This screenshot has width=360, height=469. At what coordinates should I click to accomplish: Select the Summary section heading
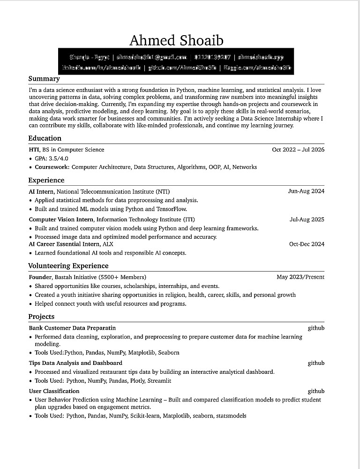click(x=44, y=79)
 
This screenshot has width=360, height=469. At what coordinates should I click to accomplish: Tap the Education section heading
click(x=45, y=138)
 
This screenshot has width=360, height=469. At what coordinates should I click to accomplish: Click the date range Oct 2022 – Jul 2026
click(x=298, y=150)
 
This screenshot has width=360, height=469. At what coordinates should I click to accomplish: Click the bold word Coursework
click(x=52, y=167)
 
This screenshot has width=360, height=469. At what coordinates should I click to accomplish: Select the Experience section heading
click(x=46, y=180)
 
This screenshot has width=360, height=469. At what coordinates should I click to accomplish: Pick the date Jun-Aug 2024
click(x=306, y=191)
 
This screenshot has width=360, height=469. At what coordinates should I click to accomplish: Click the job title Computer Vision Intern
click(x=61, y=219)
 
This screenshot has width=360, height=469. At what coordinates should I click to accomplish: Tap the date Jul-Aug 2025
click(x=307, y=219)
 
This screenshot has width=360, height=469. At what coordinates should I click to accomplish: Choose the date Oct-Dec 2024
click(x=307, y=244)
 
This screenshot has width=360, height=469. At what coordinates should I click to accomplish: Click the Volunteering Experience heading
click(x=68, y=265)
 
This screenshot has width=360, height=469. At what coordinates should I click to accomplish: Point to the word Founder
click(x=40, y=277)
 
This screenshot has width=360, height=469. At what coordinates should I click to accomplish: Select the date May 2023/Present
click(x=300, y=277)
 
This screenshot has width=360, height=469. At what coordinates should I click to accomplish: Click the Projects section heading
click(x=41, y=316)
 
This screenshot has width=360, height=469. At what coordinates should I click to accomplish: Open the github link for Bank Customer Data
click(x=316, y=328)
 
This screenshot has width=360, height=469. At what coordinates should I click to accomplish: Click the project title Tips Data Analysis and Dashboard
click(x=75, y=363)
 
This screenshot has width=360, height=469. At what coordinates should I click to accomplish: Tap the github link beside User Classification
click(x=316, y=391)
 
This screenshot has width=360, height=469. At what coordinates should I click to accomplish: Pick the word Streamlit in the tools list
click(x=159, y=381)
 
